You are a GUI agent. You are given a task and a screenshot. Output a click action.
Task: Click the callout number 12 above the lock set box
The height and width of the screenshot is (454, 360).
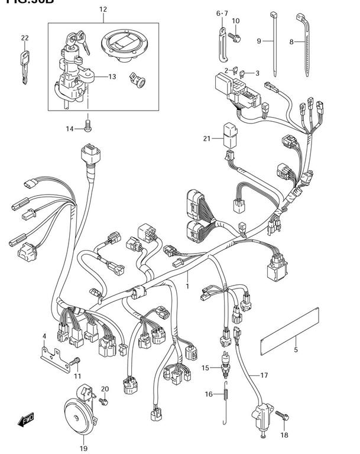coord(103,9)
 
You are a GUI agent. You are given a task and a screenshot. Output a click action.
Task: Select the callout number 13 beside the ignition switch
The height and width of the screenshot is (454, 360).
coord(112,77)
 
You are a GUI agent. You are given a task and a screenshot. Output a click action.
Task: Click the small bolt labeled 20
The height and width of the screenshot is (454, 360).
coord(103,401)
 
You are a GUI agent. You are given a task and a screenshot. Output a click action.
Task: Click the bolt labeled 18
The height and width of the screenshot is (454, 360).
coord(283,418)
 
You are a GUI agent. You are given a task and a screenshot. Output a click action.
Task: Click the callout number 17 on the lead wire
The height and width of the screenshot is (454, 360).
coord(264,375)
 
